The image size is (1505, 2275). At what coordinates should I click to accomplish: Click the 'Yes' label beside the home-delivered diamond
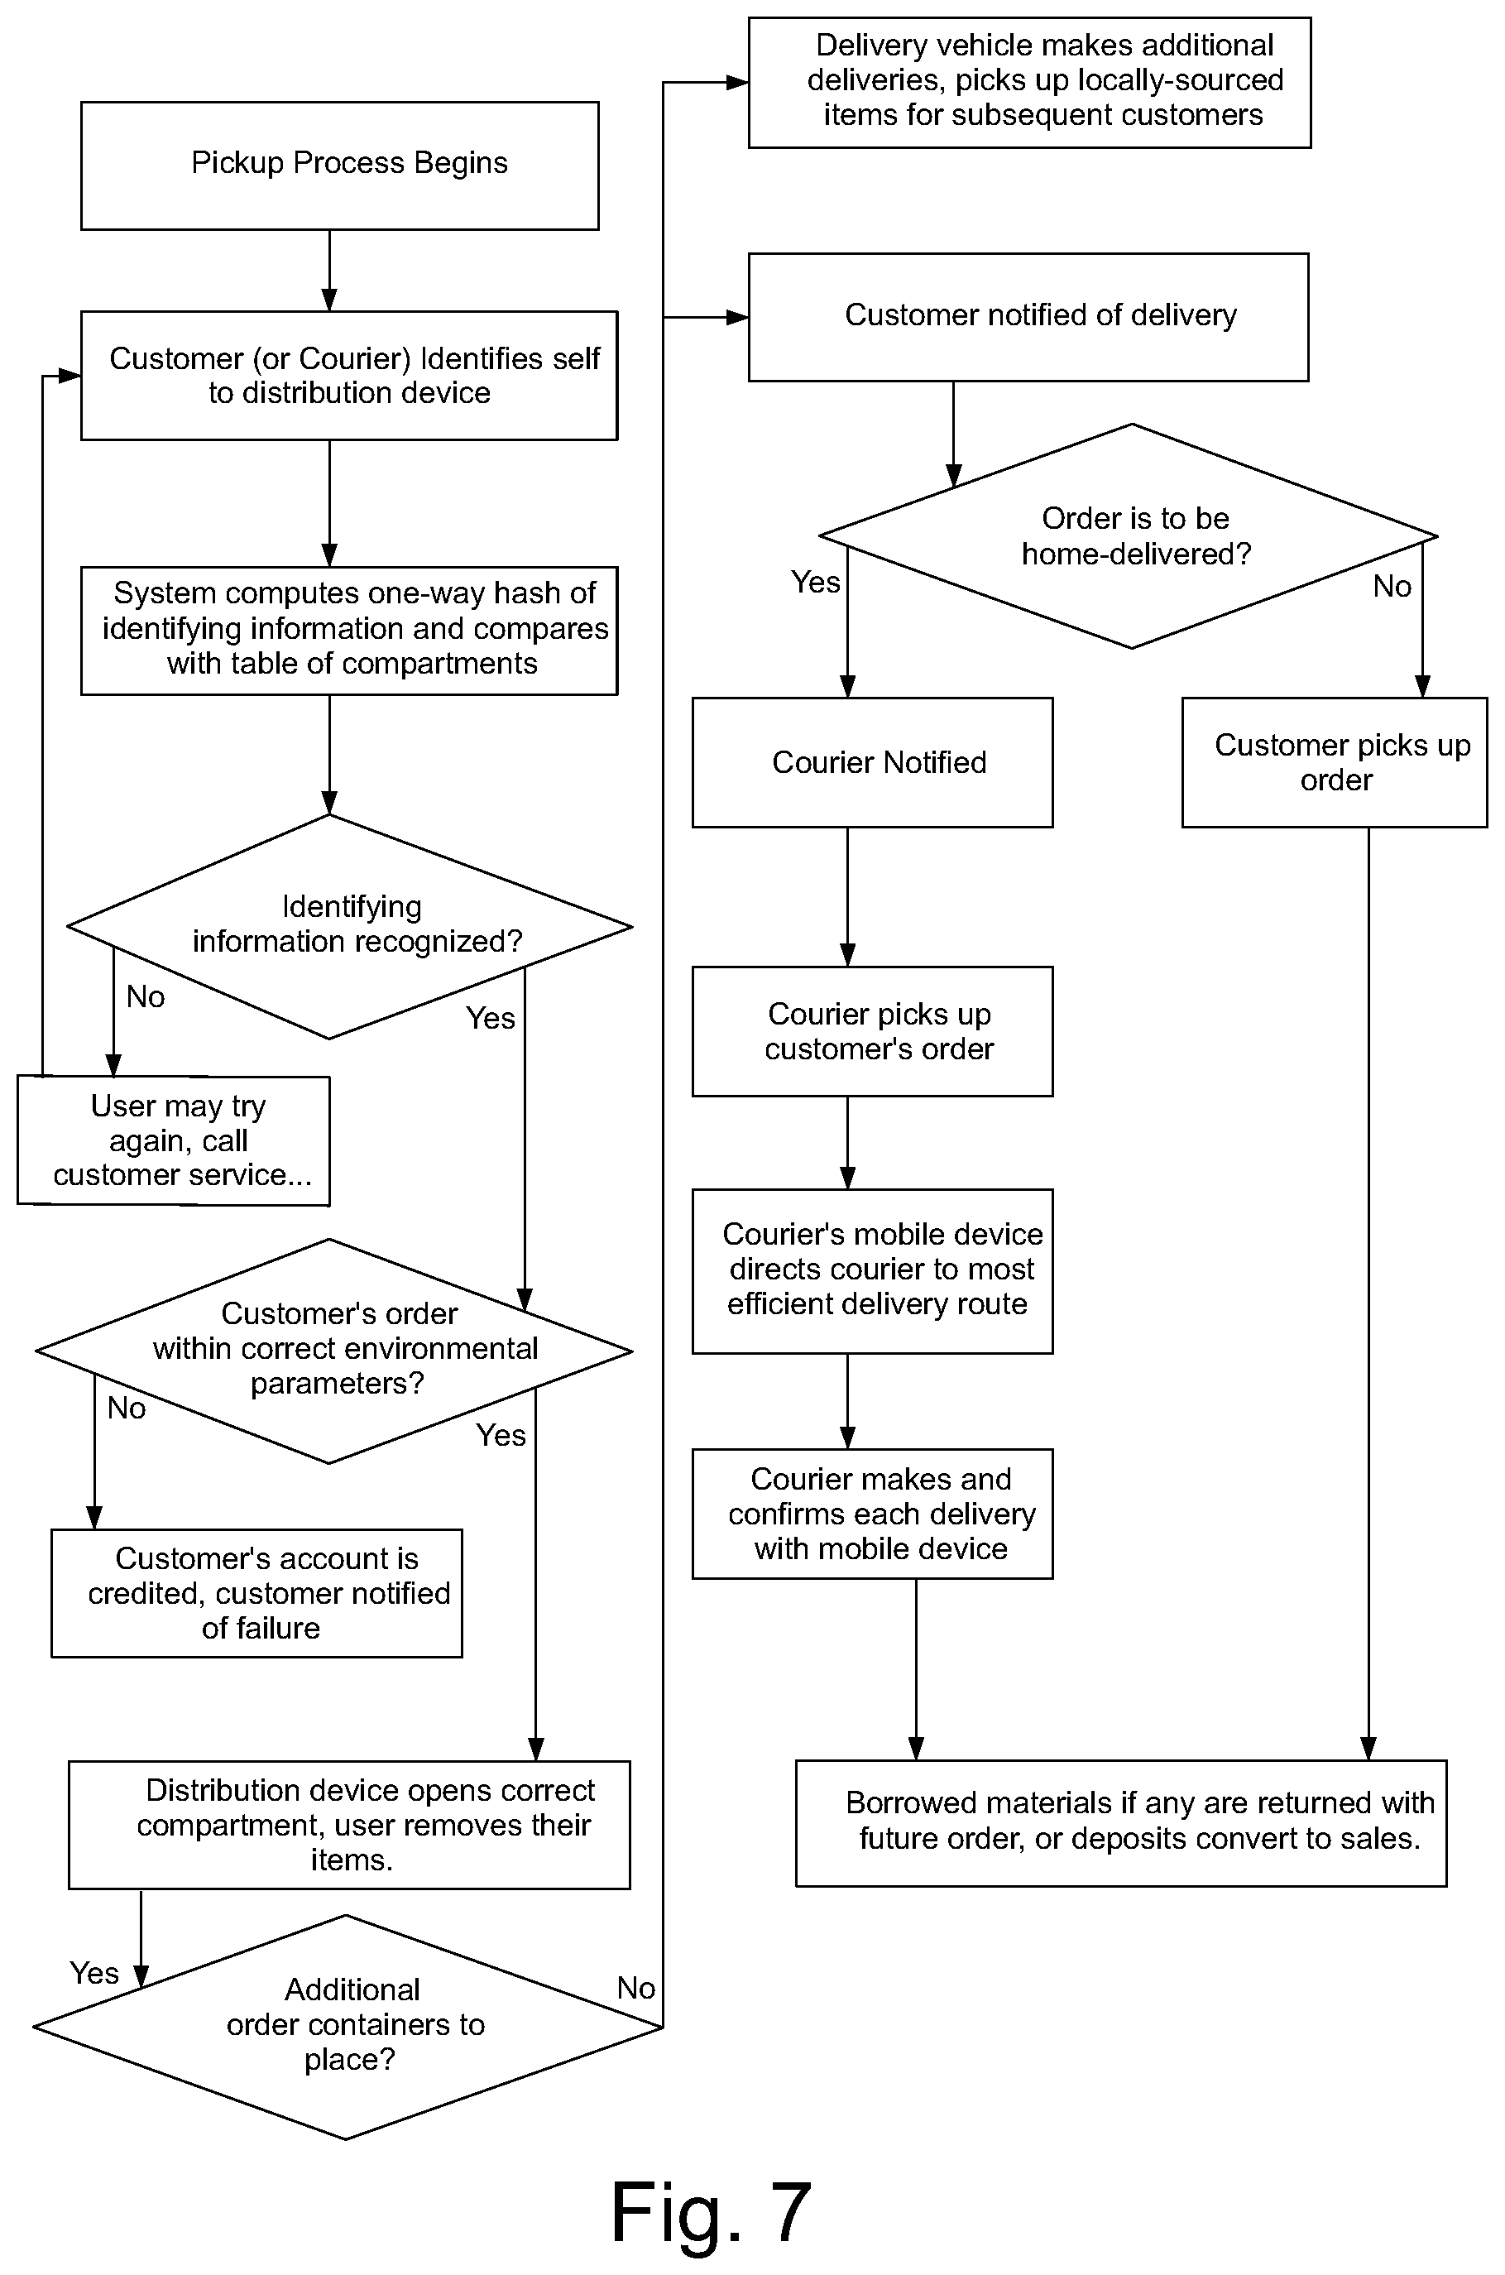pos(816,582)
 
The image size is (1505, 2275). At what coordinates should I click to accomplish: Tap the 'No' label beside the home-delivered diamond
pos(1392,586)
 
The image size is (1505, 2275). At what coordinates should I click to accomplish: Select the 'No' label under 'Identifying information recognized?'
pos(145,996)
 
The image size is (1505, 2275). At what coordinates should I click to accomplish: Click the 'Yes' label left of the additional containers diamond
pos(94,1973)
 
